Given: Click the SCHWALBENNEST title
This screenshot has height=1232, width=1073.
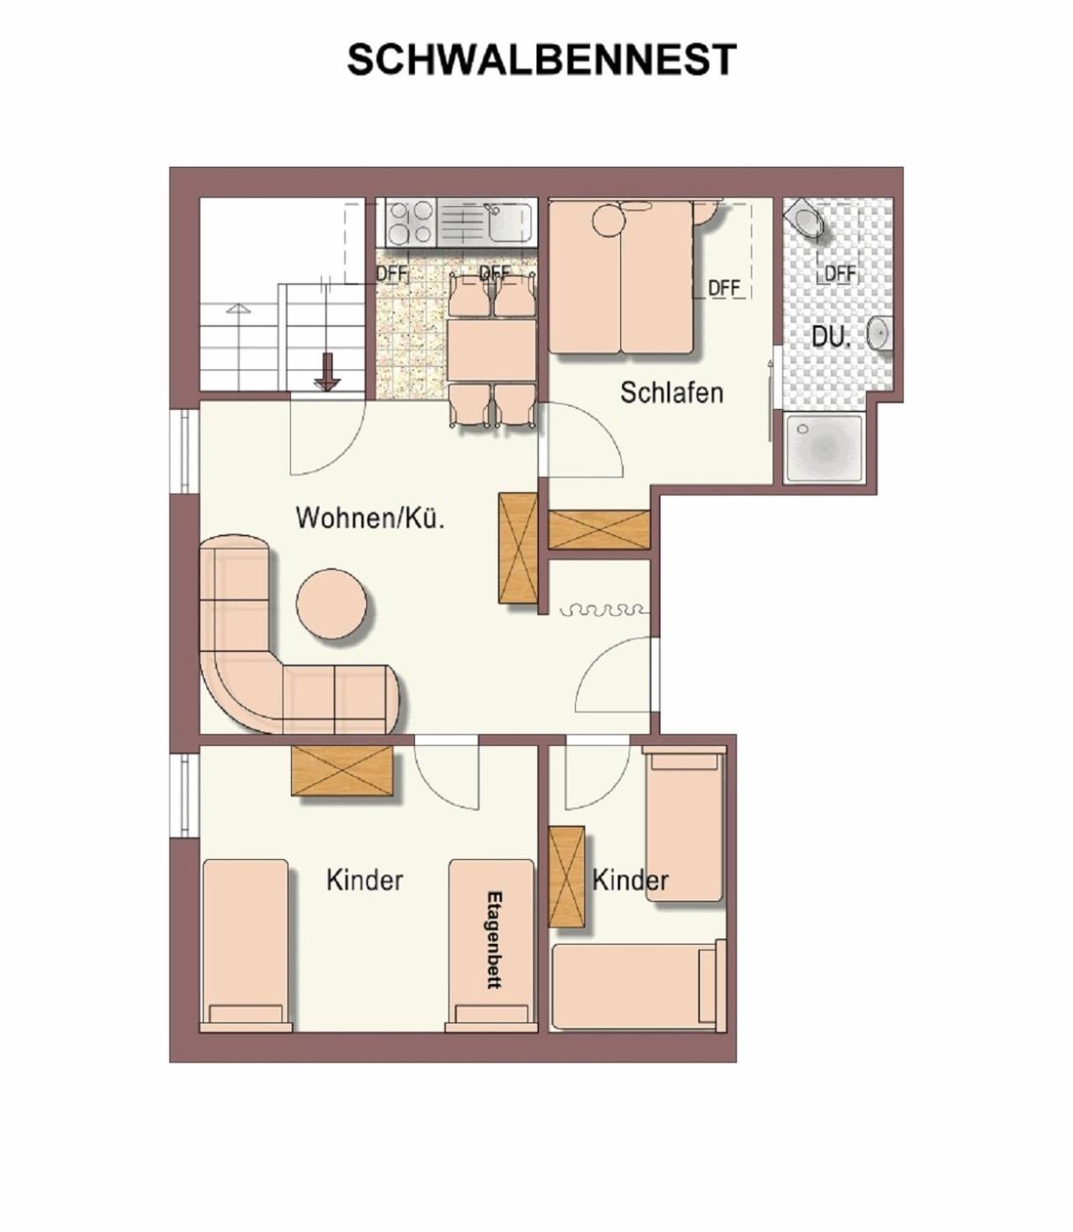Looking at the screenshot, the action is pos(542,60).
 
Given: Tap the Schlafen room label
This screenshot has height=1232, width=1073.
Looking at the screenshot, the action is pos(671,392).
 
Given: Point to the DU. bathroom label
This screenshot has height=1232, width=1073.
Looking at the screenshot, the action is pos(831,337).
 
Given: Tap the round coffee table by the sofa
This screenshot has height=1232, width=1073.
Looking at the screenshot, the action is pos(332,604).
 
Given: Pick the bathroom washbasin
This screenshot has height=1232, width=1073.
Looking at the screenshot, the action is pos(879,333).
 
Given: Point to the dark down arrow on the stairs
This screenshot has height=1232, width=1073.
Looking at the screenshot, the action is pos(328,372).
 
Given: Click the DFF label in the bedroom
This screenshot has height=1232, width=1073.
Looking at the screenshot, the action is pos(723,287).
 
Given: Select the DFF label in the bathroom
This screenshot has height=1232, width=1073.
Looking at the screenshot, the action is pos(840,273).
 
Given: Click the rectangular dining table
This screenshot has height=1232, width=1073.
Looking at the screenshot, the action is pos(491,349).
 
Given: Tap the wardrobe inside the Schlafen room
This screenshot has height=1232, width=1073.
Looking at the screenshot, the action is pos(599,530).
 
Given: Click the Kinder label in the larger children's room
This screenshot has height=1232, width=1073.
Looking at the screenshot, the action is pos(365,880).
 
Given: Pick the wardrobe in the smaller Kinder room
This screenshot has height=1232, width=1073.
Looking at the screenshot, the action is pos(567,876).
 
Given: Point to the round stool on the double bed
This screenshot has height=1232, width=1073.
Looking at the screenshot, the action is pos(609,221).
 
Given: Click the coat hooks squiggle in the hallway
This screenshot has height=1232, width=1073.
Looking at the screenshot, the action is pos(604,611).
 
